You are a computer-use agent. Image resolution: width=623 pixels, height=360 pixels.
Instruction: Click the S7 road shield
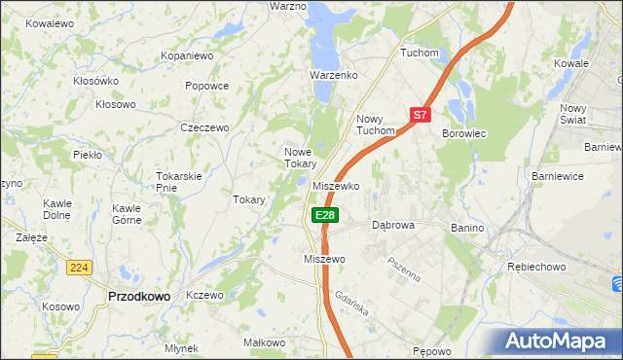click(420, 115)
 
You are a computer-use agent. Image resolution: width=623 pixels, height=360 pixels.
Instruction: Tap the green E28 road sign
click(325, 215)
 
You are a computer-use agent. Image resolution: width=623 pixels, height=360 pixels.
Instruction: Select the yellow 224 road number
click(79, 266)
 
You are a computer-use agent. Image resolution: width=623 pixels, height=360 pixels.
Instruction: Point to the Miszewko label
click(337, 185)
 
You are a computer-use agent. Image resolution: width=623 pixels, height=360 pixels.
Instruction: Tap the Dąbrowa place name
click(394, 224)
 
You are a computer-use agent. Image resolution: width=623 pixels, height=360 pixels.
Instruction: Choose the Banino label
click(467, 227)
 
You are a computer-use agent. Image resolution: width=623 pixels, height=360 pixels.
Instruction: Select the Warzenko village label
click(334, 74)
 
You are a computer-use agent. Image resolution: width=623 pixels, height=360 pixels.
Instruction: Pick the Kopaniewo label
click(187, 56)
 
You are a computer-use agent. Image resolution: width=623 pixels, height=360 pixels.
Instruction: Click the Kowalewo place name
click(51, 22)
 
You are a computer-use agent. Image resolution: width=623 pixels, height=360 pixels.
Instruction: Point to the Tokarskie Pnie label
click(178, 181)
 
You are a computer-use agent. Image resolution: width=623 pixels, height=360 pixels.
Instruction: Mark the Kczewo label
click(204, 295)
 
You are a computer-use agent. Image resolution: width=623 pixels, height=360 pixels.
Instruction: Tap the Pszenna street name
click(403, 268)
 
